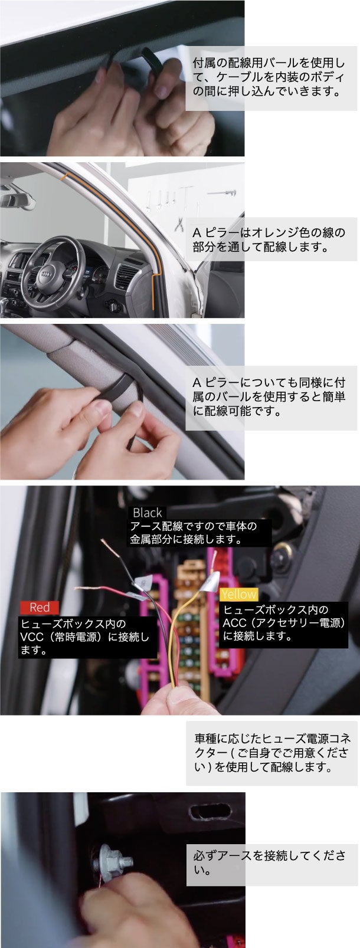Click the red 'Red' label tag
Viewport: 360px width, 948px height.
pos(40,607)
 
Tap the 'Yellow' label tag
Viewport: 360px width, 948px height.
pos(238,594)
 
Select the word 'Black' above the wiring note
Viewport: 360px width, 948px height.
pos(147,513)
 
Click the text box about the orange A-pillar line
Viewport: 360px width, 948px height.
pos(271,239)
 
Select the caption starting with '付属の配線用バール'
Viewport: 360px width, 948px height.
pos(271,77)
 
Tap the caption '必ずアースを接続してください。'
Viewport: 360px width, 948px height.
pos(271,861)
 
